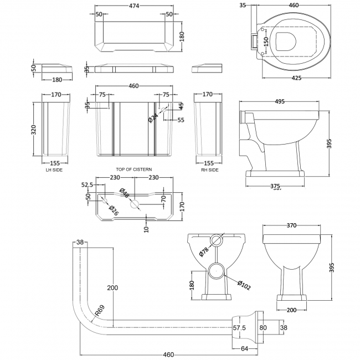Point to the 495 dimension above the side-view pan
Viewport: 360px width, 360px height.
click(x=279, y=101)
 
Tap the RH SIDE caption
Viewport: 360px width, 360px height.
click(x=210, y=169)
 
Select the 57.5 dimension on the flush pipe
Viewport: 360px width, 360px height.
click(x=239, y=328)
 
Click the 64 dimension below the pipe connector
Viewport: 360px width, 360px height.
click(x=245, y=348)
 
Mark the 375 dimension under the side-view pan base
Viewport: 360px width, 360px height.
click(x=275, y=185)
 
